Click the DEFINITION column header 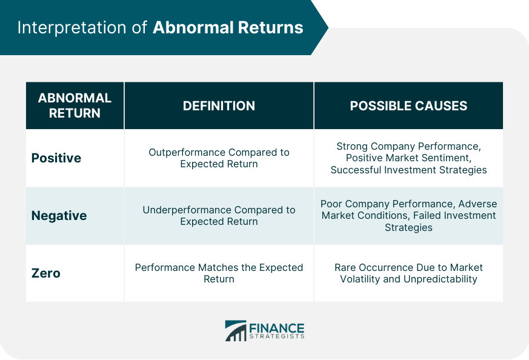(x=219, y=106)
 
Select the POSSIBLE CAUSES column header (x=408, y=106)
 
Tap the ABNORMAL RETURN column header (x=75, y=105)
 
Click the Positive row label (x=56, y=158)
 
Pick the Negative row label (x=59, y=216)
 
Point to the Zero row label (x=46, y=273)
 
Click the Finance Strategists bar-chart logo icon (x=236, y=331)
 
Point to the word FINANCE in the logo (x=277, y=328)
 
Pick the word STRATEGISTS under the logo (x=277, y=336)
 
